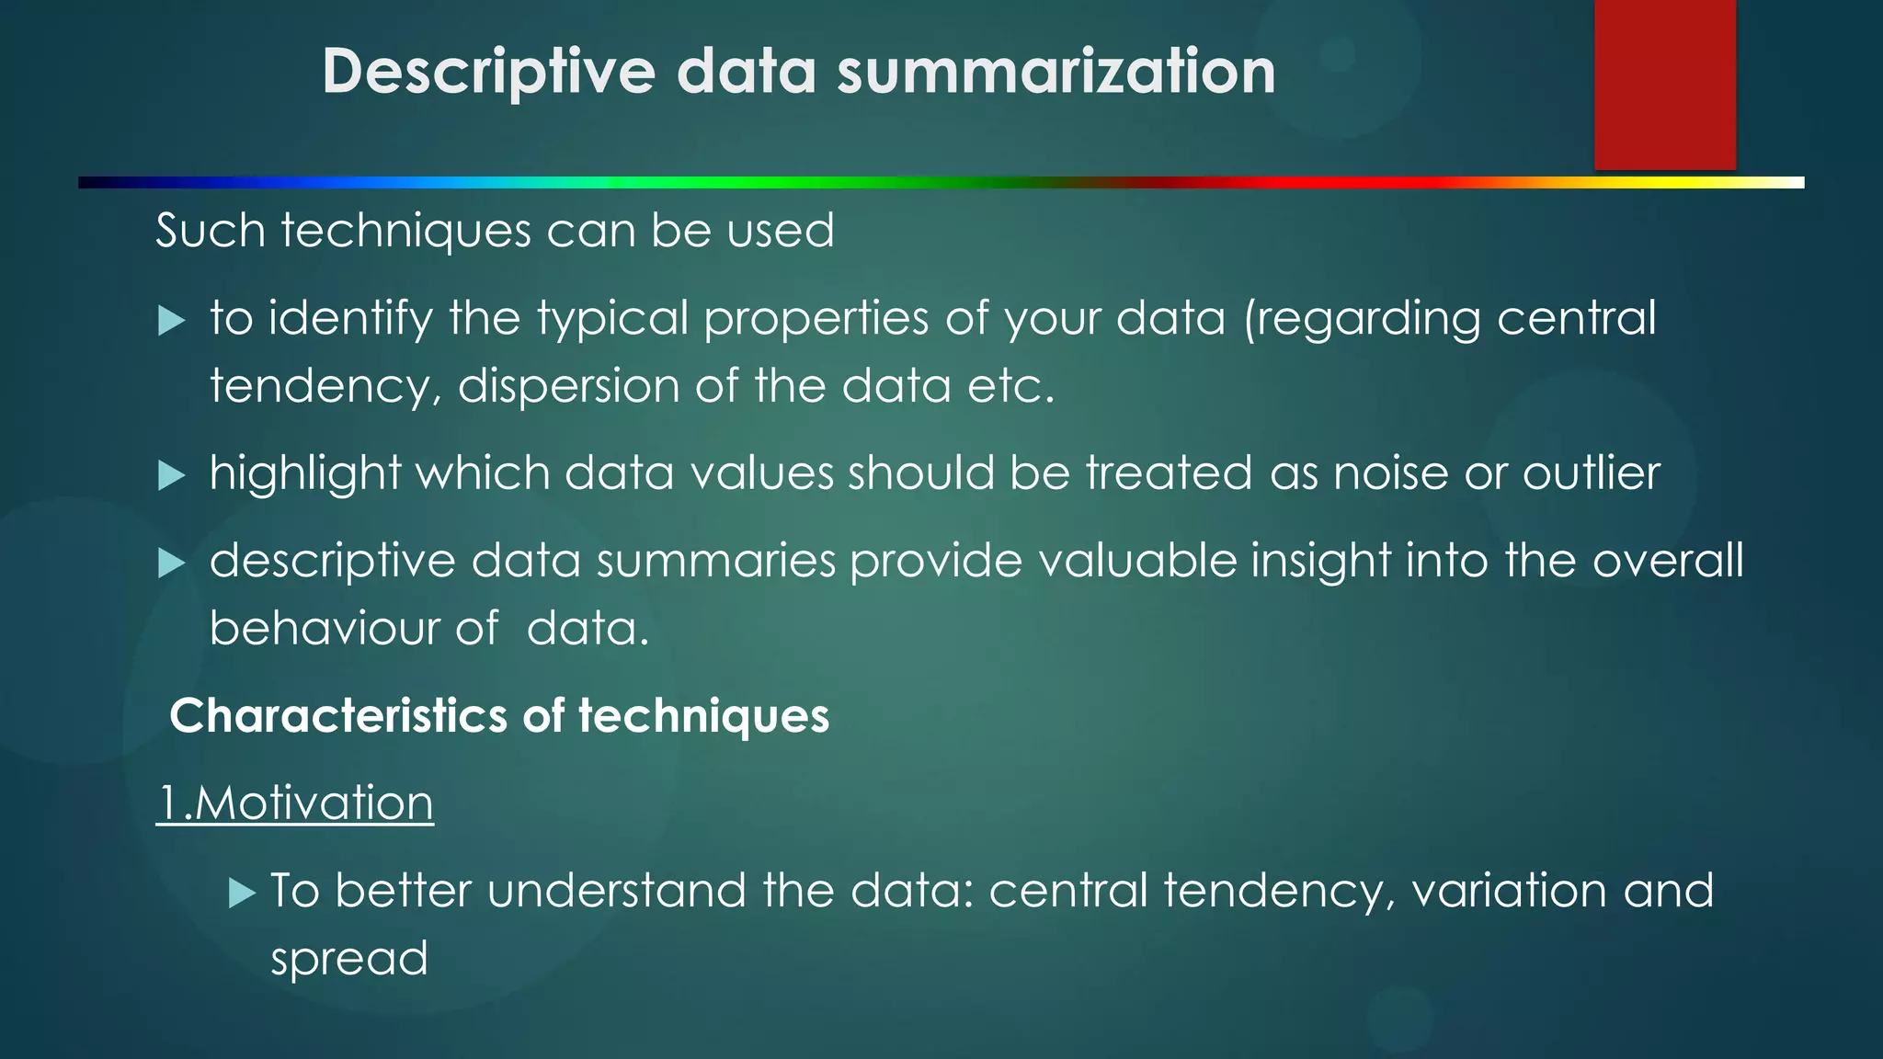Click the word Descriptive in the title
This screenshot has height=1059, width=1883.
click(488, 72)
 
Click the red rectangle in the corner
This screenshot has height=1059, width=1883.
click(1664, 85)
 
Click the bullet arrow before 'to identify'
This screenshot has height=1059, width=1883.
click(171, 322)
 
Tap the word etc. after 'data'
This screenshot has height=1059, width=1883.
click(1010, 386)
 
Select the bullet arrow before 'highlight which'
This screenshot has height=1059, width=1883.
click(171, 476)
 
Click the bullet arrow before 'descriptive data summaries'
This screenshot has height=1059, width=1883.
click(171, 563)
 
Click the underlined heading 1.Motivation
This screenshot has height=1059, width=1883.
click(295, 803)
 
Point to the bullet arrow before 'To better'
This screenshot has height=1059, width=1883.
click(241, 893)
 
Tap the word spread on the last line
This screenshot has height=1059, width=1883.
click(349, 959)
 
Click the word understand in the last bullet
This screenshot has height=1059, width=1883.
click(616, 891)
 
